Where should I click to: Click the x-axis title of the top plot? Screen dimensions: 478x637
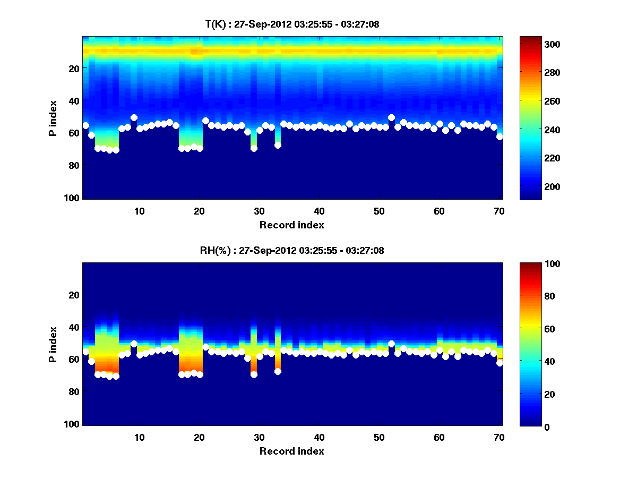[291, 225]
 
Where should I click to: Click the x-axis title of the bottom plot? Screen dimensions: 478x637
[291, 451]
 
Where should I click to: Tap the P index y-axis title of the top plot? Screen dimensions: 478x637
[53, 117]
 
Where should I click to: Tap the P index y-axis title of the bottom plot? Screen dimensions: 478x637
[53, 344]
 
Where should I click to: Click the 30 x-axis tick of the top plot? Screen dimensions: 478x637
[259, 211]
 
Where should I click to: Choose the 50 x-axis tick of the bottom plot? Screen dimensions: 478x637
[379, 437]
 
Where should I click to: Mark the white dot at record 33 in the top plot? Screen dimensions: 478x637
[278, 145]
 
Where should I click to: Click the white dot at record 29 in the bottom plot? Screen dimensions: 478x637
[254, 374]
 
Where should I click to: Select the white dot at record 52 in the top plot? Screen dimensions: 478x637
[391, 117]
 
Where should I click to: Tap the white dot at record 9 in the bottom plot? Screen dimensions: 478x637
[134, 344]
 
